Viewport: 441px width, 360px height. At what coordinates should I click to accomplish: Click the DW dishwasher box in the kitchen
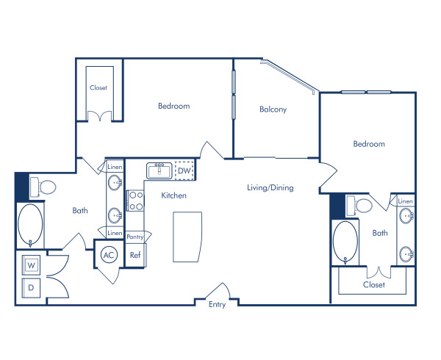coord(184,171)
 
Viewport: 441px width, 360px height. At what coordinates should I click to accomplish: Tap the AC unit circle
coord(109,255)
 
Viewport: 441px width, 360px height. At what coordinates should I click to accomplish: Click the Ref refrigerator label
coord(135,255)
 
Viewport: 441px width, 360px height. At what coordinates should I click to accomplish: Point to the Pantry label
coord(135,237)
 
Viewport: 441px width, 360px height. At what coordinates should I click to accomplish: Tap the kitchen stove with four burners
coord(135,201)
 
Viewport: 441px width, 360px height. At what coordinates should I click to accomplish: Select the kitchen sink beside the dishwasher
coord(159,171)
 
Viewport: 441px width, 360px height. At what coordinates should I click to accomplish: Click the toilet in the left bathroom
coord(46,188)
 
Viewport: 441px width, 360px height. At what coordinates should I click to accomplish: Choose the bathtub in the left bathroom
coord(30,225)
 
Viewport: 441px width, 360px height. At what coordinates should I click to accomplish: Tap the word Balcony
coord(273,109)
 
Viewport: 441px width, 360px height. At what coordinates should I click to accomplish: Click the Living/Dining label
coord(270,187)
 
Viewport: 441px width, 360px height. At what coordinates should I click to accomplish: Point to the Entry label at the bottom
coord(217,305)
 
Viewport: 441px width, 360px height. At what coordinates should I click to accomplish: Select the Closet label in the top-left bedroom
coord(98,87)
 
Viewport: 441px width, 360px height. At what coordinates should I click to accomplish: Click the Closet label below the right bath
coord(373,284)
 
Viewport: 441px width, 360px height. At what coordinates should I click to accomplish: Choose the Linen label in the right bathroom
coord(405,201)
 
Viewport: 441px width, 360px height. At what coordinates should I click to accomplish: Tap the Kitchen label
coord(174,195)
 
